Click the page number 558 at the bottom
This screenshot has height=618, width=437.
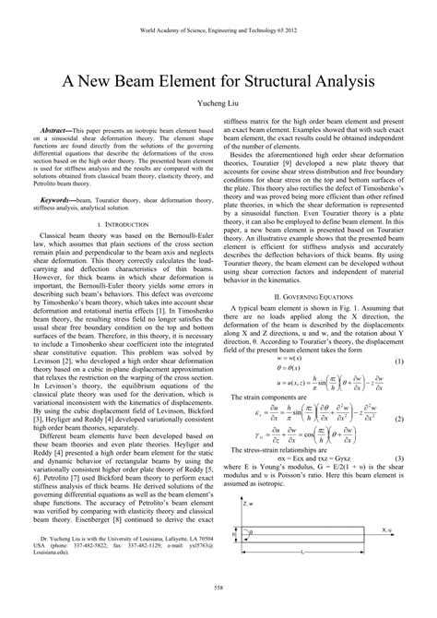[x=218, y=610]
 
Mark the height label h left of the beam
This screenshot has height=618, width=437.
[x=234, y=535]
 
